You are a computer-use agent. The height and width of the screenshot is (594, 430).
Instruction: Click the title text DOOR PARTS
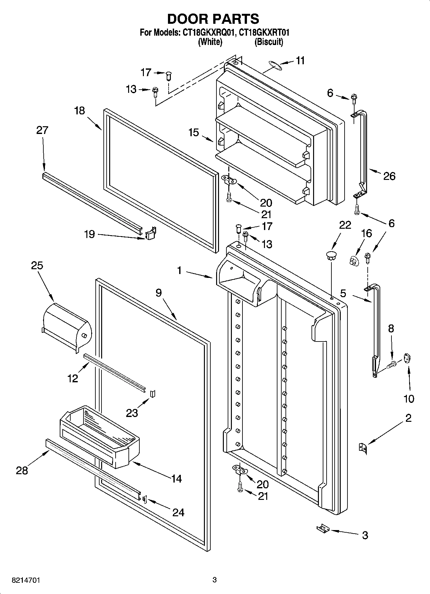pyautogui.click(x=213, y=19)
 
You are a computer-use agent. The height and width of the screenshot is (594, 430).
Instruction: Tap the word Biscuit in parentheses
pyautogui.click(x=269, y=42)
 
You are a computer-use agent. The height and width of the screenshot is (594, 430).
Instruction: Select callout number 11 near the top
pyautogui.click(x=300, y=61)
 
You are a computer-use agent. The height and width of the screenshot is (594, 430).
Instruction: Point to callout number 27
pyautogui.click(x=42, y=130)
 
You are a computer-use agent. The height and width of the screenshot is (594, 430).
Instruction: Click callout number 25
pyautogui.click(x=37, y=266)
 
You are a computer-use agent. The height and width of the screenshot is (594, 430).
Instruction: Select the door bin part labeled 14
pyautogui.click(x=100, y=436)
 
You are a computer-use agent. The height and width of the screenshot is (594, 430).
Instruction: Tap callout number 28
pyautogui.click(x=22, y=470)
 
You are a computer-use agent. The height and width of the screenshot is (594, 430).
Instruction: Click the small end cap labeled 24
pyautogui.click(x=145, y=499)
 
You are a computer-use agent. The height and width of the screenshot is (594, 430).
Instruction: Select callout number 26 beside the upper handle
pyautogui.click(x=389, y=176)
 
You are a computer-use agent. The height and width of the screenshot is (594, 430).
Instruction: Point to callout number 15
pyautogui.click(x=194, y=132)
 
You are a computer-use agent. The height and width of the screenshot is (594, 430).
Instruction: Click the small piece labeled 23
pyautogui.click(x=153, y=394)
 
